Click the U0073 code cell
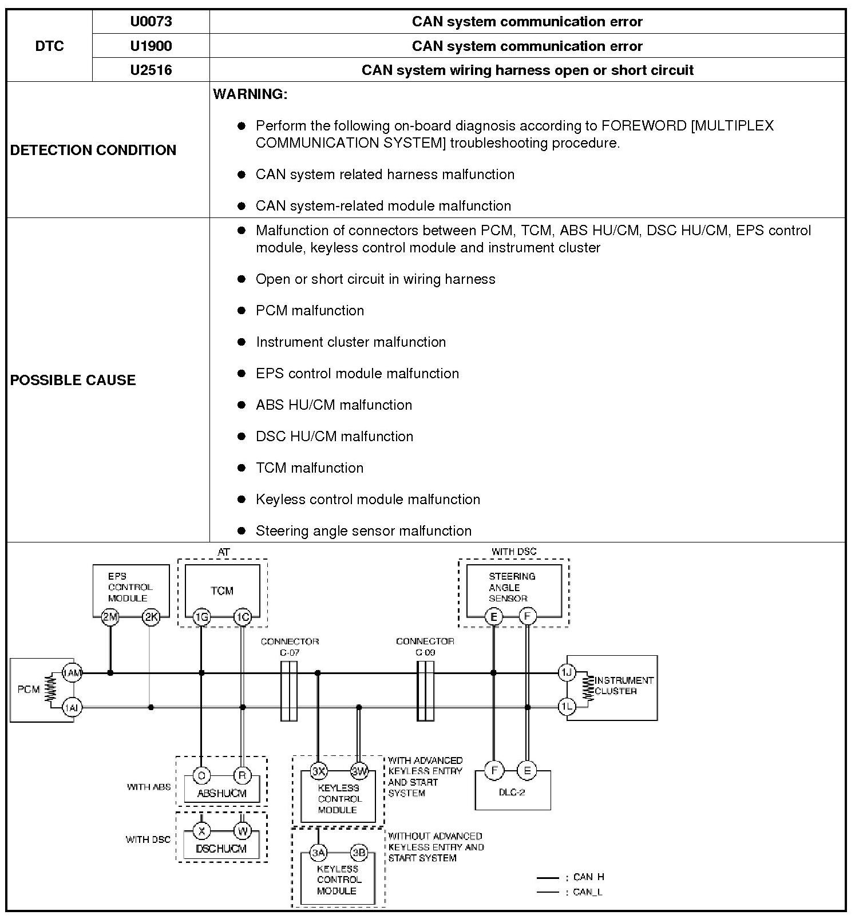point(151,22)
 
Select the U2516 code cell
point(151,70)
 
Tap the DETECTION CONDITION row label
point(93,150)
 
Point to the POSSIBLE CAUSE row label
point(73,380)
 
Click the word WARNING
point(250,94)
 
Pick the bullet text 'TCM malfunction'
point(309,468)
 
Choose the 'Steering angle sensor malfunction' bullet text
point(363,530)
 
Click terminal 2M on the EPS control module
point(110,617)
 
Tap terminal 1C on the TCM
point(243,617)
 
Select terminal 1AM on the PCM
point(72,673)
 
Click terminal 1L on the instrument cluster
point(567,707)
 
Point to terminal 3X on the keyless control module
point(318,771)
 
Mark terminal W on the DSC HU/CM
point(243,831)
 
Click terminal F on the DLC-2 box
point(493,770)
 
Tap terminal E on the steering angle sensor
point(493,617)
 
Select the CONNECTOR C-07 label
point(290,647)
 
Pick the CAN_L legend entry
point(587,892)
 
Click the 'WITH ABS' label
point(149,787)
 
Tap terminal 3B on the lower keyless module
point(359,853)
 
